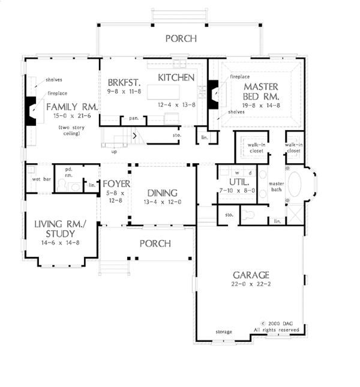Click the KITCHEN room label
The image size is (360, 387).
(176, 78)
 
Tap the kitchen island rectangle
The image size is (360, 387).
(163, 92)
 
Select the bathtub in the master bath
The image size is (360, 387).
(295, 184)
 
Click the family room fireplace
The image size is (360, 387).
(31, 111)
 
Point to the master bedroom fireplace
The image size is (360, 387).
(212, 95)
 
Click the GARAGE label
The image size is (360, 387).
(251, 275)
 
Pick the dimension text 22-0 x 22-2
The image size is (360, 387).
(251, 284)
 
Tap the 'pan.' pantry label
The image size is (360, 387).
(134, 118)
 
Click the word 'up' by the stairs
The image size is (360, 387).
(114, 152)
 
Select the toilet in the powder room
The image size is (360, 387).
(61, 185)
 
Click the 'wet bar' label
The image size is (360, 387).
(41, 179)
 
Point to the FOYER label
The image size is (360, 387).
(116, 184)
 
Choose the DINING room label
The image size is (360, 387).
(163, 193)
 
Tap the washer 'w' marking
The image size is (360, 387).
(237, 173)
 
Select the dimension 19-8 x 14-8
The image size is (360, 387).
(261, 106)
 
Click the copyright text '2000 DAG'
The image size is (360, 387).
(281, 323)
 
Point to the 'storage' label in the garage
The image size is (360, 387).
(224, 332)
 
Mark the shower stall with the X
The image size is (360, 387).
(295, 214)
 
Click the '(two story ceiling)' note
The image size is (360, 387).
(71, 130)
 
